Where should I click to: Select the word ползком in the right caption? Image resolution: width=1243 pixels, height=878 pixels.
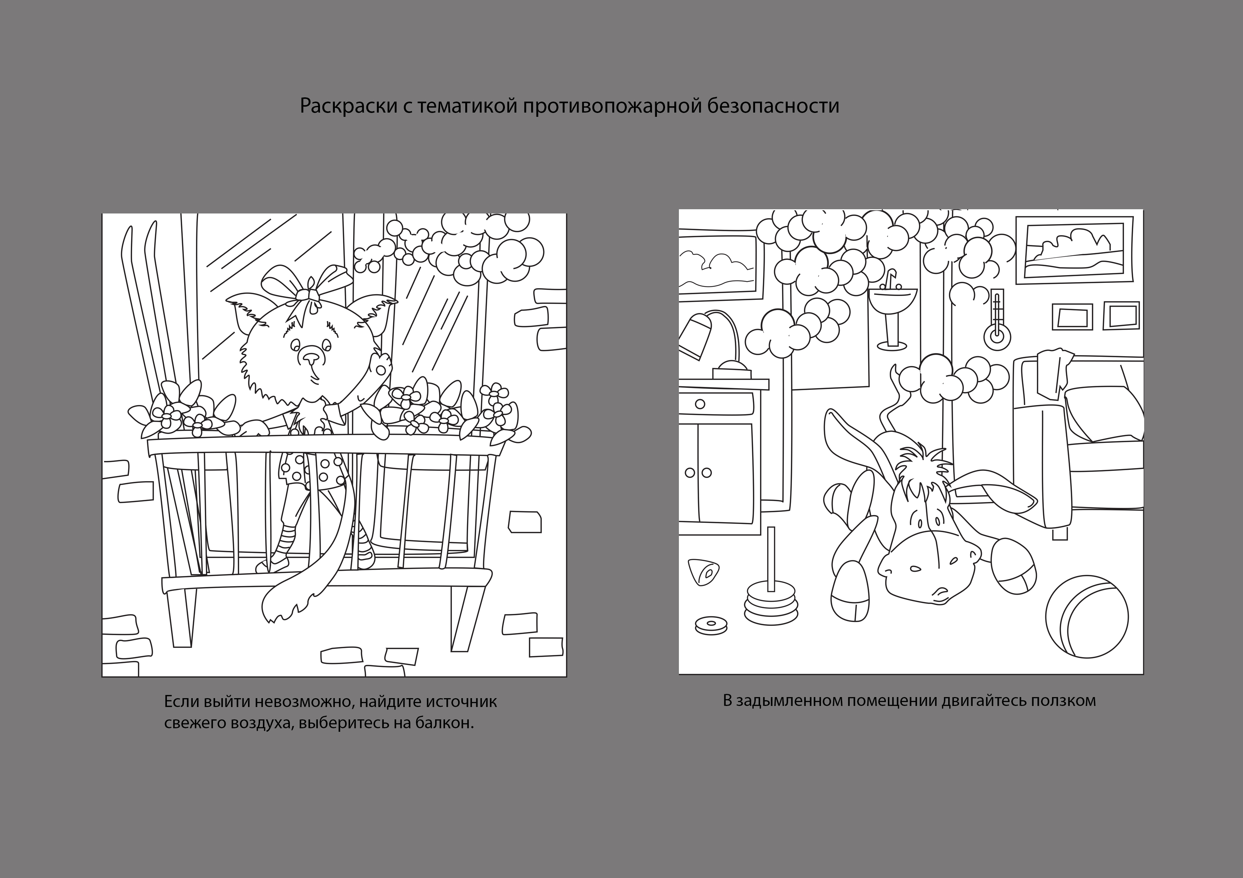click(x=1063, y=701)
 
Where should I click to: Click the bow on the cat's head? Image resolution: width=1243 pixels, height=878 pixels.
click(x=306, y=287)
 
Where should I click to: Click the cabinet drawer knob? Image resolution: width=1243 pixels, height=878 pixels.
click(x=700, y=404)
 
